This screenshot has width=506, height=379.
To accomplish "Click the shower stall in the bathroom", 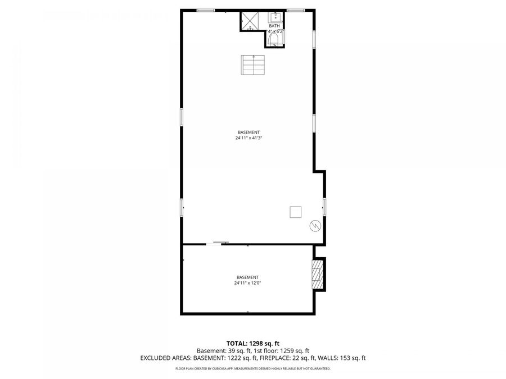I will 248,20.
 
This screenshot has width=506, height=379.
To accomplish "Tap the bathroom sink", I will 275,17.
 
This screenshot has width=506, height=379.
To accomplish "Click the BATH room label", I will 274,26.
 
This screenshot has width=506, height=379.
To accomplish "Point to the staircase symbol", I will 252,65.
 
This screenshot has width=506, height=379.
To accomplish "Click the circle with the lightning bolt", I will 315,226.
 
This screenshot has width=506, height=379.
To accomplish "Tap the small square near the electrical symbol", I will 295,212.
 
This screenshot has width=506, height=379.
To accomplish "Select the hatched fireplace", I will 319,274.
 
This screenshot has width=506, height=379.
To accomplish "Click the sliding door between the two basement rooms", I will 217,243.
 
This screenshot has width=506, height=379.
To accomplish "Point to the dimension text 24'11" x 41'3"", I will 249,138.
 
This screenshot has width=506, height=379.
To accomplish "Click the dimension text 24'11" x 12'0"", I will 247,283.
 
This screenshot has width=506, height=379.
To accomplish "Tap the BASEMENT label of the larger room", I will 249,132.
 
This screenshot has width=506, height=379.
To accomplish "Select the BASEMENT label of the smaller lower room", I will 247,277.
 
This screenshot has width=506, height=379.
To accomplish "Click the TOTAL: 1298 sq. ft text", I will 252,343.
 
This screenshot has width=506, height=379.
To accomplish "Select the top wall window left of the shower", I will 205,10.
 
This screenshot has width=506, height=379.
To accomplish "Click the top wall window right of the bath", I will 295,10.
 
